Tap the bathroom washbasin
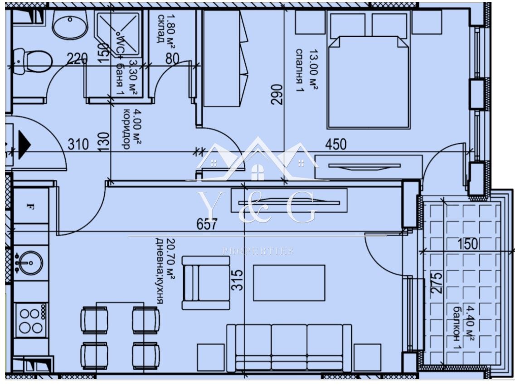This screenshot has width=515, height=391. (x=70, y=24)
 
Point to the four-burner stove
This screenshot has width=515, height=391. (x=30, y=320)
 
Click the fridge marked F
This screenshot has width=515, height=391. (x=31, y=208)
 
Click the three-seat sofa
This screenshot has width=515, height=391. (x=289, y=347)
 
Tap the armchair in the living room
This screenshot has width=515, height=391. (x=205, y=283)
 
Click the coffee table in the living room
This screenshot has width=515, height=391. (x=289, y=283)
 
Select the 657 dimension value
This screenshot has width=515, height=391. (x=208, y=224)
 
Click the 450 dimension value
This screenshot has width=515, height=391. (x=335, y=145)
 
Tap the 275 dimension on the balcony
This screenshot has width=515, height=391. (x=437, y=284)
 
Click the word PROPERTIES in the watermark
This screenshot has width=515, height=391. (x=257, y=251)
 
